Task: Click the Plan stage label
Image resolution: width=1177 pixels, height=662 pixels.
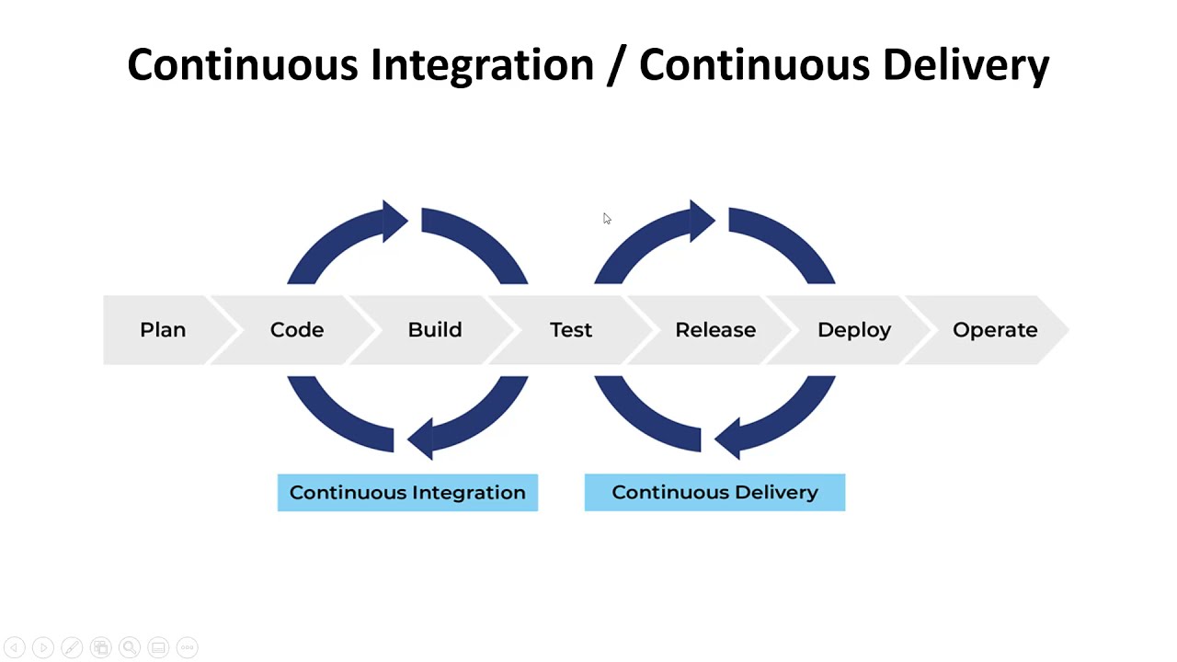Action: (163, 330)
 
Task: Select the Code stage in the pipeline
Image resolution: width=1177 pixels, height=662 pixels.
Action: (297, 330)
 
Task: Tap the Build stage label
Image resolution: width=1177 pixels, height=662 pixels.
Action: (435, 330)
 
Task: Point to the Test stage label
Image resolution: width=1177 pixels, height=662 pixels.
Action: (571, 330)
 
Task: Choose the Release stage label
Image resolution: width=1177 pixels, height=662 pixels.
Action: (715, 330)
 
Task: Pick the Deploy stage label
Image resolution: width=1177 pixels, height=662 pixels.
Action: (854, 330)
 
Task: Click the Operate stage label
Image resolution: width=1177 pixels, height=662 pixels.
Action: (995, 330)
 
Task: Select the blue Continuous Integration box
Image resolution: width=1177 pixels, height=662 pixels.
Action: (407, 493)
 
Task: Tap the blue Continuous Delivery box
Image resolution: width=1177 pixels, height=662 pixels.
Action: (714, 493)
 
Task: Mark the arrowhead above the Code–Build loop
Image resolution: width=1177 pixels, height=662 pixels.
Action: (395, 221)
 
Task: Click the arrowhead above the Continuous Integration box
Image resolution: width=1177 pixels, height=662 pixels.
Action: (419, 437)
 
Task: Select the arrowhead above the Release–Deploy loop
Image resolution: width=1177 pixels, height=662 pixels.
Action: (703, 221)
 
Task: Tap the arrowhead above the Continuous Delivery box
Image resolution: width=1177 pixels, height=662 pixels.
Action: (726, 437)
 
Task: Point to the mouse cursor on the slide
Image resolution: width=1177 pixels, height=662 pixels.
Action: (606, 218)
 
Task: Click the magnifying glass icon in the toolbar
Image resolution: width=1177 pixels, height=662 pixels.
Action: (130, 647)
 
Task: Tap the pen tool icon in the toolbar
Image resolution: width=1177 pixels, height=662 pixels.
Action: (72, 647)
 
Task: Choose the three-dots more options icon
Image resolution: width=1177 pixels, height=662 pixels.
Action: (187, 647)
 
